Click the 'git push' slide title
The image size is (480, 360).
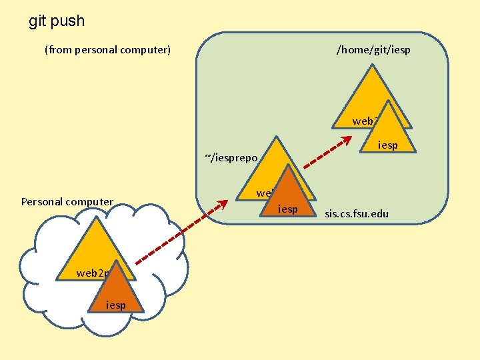pos(57,21)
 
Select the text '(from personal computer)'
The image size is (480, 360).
pos(107,49)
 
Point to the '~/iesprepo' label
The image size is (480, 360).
pos(231,157)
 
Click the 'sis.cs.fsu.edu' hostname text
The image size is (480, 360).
pos(356,214)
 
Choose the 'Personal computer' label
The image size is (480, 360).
pos(67,201)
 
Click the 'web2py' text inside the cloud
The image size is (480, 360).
pos(93,273)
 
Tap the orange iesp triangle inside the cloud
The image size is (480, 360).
pos(115,293)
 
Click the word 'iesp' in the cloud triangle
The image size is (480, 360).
pos(115,305)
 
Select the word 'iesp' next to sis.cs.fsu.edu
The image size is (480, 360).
pos(287,209)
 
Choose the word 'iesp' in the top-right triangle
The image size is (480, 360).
pos(387,145)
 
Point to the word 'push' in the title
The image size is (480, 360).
pos(69,21)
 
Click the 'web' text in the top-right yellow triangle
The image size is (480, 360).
pos(363,121)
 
